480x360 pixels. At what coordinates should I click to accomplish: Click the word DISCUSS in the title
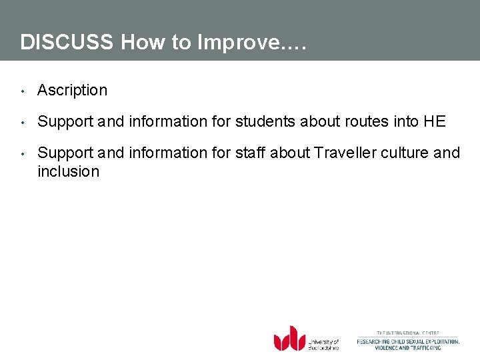(67, 42)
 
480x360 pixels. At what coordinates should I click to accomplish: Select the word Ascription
(72, 90)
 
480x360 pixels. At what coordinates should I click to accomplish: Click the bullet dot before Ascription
(23, 91)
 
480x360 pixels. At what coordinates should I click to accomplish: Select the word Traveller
(345, 153)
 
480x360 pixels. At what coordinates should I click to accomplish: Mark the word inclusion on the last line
(68, 171)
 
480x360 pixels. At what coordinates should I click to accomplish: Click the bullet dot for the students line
(23, 122)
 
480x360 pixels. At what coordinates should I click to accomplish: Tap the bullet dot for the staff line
(23, 153)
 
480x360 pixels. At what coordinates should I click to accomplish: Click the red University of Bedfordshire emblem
(289, 338)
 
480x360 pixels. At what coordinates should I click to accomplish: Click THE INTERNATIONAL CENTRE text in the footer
(408, 333)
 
